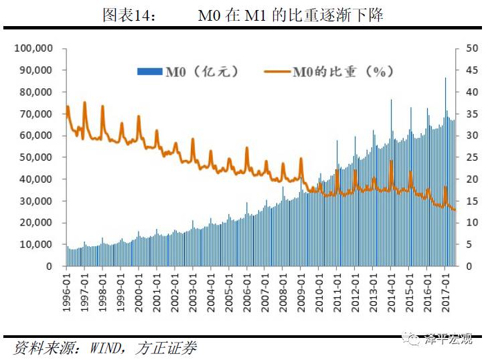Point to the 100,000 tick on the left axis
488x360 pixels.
tap(33, 49)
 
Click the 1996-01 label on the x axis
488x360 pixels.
tap(67, 288)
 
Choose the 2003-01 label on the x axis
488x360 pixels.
tap(193, 288)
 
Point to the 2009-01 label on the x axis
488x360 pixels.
tap(301, 288)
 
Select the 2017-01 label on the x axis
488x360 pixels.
tap(444, 288)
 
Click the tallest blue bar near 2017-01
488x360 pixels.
tap(445, 79)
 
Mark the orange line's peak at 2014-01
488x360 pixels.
tap(391, 161)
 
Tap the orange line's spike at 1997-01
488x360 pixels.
tap(84, 102)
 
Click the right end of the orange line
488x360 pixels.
tap(455, 210)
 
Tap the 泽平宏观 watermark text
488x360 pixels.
tap(449, 339)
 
